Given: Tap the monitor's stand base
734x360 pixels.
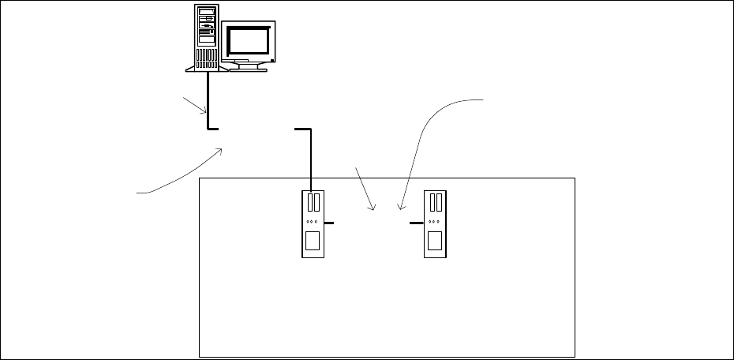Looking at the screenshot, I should (248, 67).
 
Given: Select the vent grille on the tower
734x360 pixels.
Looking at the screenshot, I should (206, 58).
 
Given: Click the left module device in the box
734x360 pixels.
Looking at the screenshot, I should (313, 224).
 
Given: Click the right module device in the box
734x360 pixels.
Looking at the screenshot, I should (435, 224).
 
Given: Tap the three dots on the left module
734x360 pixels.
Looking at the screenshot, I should (313, 221).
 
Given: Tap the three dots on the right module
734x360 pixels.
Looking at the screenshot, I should (435, 221).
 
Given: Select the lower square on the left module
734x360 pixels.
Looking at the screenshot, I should (313, 240).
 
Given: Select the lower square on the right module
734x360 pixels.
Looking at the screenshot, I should (435, 240).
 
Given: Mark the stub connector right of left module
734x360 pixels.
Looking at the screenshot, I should (329, 224).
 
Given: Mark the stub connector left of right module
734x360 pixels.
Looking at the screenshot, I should (417, 224).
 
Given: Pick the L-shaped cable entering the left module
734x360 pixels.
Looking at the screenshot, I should (311, 158).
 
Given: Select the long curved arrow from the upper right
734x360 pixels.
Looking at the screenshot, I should (426, 134).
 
